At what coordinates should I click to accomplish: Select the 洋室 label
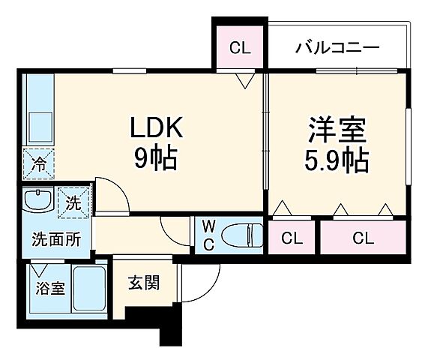click(337, 130)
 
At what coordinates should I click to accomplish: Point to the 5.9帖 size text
click(337, 160)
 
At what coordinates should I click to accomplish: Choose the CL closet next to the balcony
click(239, 49)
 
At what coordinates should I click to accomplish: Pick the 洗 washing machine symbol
click(73, 201)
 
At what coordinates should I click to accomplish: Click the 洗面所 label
click(55, 240)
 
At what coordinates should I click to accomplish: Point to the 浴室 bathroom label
click(49, 289)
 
